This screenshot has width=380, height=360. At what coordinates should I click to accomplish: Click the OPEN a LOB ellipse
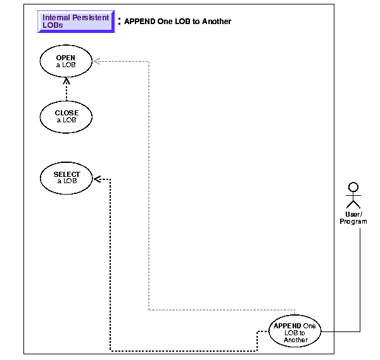pyautogui.click(x=66, y=61)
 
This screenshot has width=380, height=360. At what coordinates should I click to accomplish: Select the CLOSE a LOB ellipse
pyautogui.click(x=66, y=117)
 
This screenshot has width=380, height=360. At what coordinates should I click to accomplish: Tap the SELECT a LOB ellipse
pyautogui.click(x=66, y=177)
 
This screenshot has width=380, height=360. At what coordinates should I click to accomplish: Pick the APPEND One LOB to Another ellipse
pyautogui.click(x=295, y=331)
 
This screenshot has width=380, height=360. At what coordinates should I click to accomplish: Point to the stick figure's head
pyautogui.click(x=353, y=187)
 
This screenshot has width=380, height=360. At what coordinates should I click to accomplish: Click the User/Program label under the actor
pyautogui.click(x=353, y=218)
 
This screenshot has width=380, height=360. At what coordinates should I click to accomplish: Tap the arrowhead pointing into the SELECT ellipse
pyautogui.click(x=97, y=179)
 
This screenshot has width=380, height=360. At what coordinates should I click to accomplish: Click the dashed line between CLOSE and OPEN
pyautogui.click(x=66, y=92)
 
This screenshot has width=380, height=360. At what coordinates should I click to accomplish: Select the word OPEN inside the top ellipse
pyautogui.click(x=66, y=58)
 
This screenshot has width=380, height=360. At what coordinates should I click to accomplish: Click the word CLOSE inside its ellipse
pyautogui.click(x=66, y=113)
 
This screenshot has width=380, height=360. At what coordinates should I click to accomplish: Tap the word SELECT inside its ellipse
pyautogui.click(x=66, y=174)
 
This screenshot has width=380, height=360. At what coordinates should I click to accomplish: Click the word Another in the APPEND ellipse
pyautogui.click(x=296, y=340)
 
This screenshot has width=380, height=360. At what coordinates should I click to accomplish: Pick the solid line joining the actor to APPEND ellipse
pyautogui.click(x=360, y=279)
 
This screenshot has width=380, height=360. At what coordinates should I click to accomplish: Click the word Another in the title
pyautogui.click(x=217, y=22)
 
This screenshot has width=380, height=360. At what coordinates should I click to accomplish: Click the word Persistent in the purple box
pyautogui.click(x=91, y=18)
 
